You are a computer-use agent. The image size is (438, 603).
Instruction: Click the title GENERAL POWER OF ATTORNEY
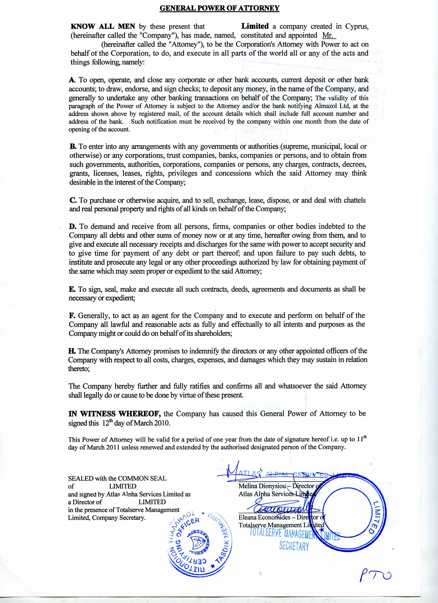point(219,8)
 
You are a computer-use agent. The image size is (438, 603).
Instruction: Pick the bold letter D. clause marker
point(73,226)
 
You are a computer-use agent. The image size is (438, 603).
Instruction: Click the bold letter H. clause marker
point(72,351)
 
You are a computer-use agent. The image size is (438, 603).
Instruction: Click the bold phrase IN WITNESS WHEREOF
point(114,414)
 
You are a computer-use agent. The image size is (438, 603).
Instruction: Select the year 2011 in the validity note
point(114,447)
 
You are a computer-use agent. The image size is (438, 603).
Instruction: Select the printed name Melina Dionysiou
point(262,486)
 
